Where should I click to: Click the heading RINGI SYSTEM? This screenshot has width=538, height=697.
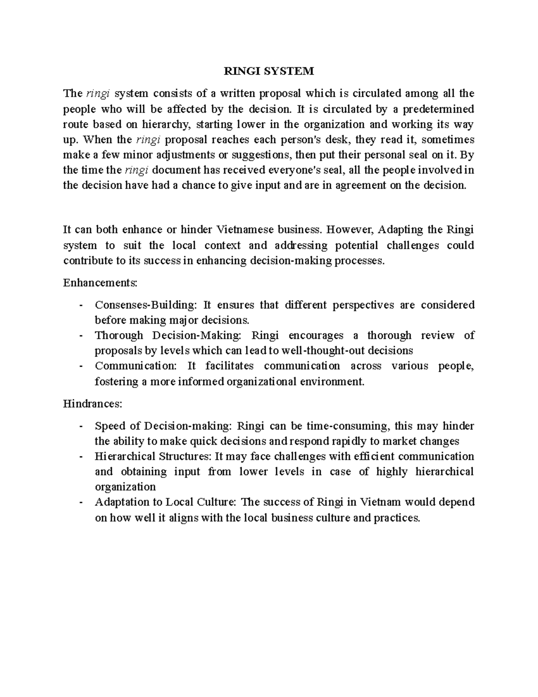[269, 71]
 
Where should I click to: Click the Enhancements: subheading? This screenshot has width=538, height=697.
[100, 283]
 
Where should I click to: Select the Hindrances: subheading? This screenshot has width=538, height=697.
[92, 403]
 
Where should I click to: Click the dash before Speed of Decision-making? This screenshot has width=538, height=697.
[80, 426]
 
